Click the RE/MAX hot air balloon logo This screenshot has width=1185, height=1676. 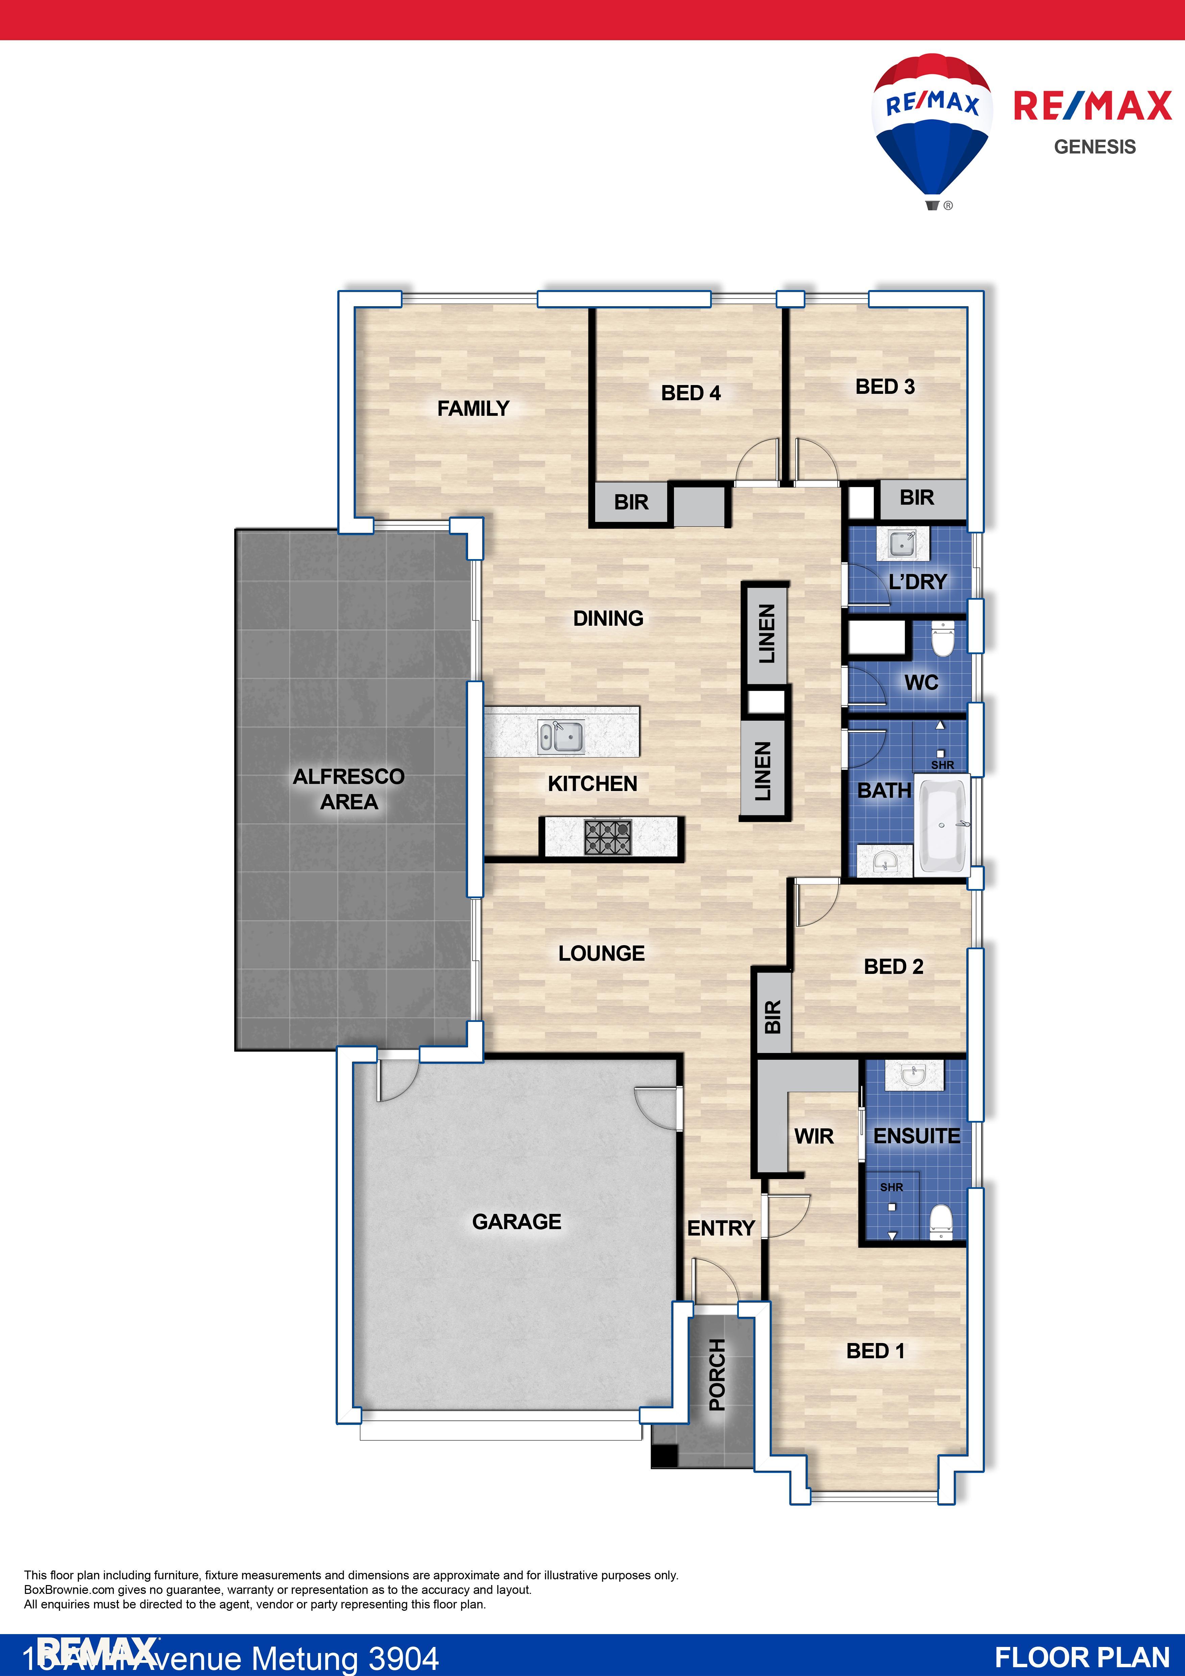(x=932, y=128)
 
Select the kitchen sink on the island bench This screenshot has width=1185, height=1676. (x=560, y=737)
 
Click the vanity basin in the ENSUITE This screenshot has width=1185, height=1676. (x=914, y=1075)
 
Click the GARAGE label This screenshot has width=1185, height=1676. (x=516, y=1221)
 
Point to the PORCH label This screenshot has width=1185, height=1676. (x=717, y=1374)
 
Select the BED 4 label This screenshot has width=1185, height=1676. (x=690, y=393)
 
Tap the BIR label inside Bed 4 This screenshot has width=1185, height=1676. (x=631, y=502)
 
